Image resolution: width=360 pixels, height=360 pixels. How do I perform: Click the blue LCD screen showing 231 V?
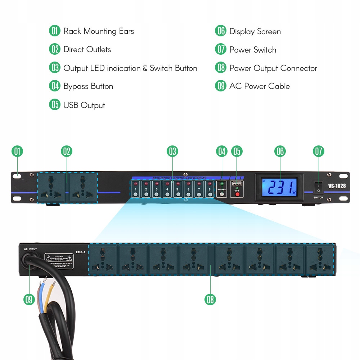pyautogui.click(x=279, y=188)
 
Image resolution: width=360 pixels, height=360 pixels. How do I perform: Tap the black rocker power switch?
pyautogui.click(x=318, y=188)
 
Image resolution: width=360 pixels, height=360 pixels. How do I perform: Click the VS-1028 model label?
pyautogui.click(x=337, y=186)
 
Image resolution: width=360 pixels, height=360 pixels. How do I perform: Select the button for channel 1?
pyautogui.click(x=135, y=194)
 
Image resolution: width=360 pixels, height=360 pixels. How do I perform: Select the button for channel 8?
pyautogui.click(x=210, y=194)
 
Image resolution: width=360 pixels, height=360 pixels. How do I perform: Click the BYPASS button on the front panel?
pyautogui.click(x=222, y=194)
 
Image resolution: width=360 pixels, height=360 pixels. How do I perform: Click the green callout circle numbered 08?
pyautogui.click(x=210, y=299)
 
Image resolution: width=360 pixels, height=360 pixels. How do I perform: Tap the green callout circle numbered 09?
pyautogui.click(x=29, y=299)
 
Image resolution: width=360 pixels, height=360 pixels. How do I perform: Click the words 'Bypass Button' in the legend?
pyautogui.click(x=88, y=86)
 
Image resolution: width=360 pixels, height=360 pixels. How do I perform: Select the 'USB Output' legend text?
pyautogui.click(x=84, y=105)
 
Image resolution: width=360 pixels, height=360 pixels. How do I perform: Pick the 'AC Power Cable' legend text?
pyautogui.click(x=259, y=86)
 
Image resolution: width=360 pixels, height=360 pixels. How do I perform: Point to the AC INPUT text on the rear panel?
pyautogui.click(x=31, y=249)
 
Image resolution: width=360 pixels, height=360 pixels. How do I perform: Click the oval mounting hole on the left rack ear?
pyautogui.click(x=17, y=176)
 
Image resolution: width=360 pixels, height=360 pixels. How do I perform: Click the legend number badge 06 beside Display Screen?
pyautogui.click(x=220, y=31)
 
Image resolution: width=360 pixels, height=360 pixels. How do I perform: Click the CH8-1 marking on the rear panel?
pyautogui.click(x=81, y=252)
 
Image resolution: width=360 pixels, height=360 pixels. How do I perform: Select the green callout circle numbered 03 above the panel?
pyautogui.click(x=172, y=152)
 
